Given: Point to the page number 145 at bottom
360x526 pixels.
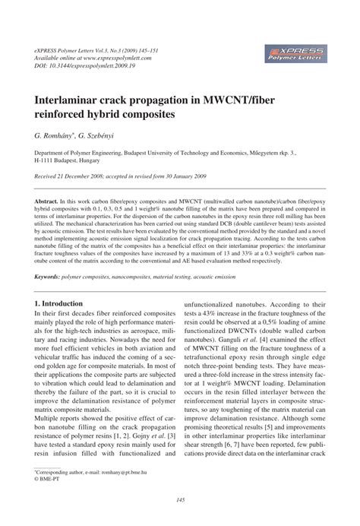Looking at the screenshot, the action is [x=180, y=499].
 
